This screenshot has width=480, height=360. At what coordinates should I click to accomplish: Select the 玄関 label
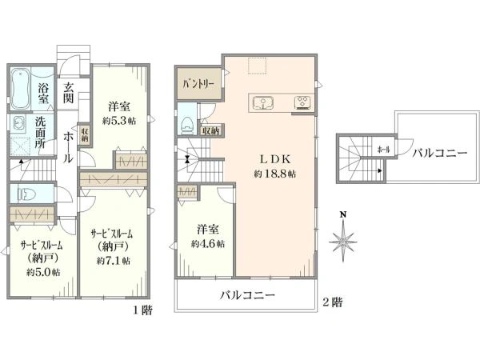(x=70, y=93)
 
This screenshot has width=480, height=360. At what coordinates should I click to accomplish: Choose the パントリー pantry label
(x=198, y=83)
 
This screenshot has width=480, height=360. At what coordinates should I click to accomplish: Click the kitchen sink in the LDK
(x=266, y=102)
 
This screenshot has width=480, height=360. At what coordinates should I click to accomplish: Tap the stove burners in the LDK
(x=303, y=102)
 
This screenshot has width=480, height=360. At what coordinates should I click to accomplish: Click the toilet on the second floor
(x=187, y=123)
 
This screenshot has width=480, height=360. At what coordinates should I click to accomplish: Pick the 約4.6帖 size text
(x=207, y=243)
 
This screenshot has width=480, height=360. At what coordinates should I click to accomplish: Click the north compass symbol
(x=343, y=238)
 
